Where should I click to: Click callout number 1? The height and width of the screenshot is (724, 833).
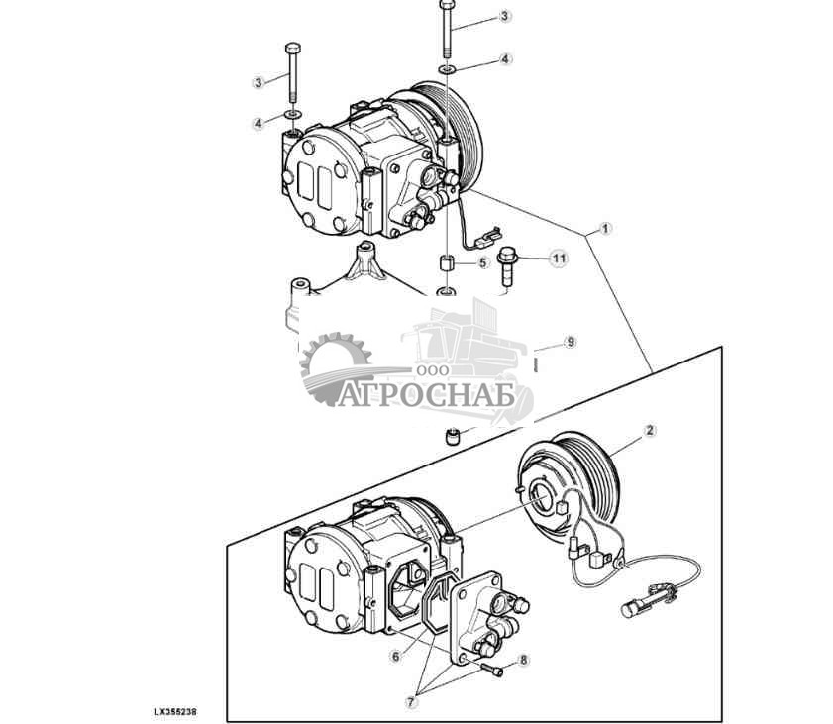[605, 229]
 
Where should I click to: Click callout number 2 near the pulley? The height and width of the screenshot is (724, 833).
[650, 430]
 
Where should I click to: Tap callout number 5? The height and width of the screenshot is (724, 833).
[482, 262]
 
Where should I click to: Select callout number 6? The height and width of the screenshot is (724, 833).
[396, 657]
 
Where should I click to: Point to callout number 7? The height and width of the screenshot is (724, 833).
[411, 702]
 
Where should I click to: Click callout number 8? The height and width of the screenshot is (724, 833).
[523, 661]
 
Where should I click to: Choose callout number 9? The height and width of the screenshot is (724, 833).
[571, 342]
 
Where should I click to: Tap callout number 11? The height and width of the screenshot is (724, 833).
[559, 259]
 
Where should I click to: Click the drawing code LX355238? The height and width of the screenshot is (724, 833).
[175, 711]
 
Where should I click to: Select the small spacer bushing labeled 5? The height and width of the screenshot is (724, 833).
[447, 262]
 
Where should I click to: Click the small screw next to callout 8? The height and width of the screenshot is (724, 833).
[492, 670]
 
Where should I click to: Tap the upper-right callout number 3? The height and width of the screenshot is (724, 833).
[505, 16]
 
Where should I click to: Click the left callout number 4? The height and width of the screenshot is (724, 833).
[259, 124]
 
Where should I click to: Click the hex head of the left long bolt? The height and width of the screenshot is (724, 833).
[293, 49]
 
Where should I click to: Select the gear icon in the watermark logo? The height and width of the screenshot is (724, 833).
[336, 366]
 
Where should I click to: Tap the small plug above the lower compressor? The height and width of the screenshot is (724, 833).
[452, 437]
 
